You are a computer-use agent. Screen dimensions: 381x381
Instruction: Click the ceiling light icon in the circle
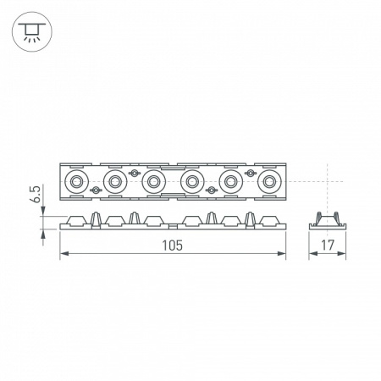pyautogui.click(x=30, y=31)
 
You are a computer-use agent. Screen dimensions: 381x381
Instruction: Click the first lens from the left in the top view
pyautogui.click(x=75, y=180)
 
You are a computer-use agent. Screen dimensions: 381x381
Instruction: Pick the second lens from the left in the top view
pyautogui.click(x=113, y=180)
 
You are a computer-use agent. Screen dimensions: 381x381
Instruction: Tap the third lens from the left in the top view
pyautogui.click(x=152, y=180)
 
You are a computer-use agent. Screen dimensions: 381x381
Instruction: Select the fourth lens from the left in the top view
pyautogui.click(x=191, y=180)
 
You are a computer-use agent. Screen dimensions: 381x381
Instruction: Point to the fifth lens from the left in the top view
pyautogui.click(x=230, y=180)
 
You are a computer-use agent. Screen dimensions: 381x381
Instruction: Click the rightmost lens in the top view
pyautogui.click(x=268, y=180)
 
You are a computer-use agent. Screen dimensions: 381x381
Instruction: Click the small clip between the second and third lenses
pyautogui.click(x=133, y=172)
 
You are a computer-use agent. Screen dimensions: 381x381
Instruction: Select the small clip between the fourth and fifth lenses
pyautogui.click(x=211, y=190)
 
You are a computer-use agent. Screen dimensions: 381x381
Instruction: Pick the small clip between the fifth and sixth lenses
pyautogui.click(x=250, y=172)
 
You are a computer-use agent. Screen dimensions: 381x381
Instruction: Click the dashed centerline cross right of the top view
pyautogui.click(x=326, y=180)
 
